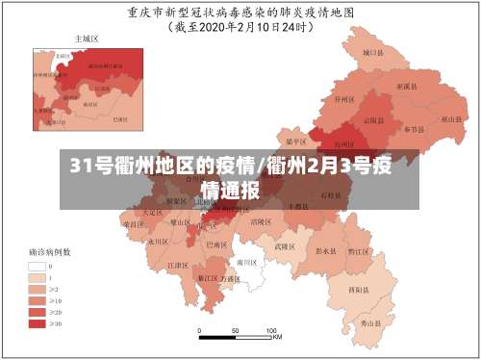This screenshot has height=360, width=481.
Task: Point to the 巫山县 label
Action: click(x=449, y=120)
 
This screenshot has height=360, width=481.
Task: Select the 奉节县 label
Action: click(x=413, y=129)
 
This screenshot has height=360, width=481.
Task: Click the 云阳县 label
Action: click(x=372, y=121)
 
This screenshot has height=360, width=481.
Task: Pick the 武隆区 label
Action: click(x=284, y=245)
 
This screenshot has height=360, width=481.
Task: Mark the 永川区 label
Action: click(x=158, y=243)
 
